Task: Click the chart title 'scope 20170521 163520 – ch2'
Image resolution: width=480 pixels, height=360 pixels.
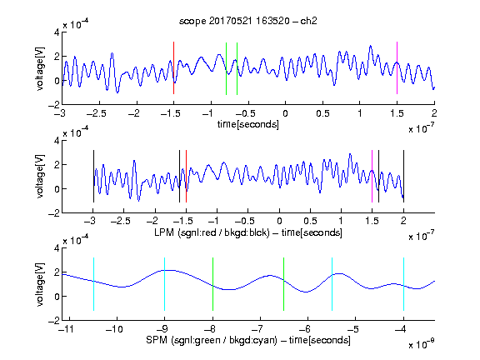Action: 248,21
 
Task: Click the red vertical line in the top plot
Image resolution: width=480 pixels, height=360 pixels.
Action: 173,68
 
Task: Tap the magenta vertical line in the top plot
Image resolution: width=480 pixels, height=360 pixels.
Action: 397,68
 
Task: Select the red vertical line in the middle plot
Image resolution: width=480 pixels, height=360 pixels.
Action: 186,177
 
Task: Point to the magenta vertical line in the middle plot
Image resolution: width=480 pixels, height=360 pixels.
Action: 372,177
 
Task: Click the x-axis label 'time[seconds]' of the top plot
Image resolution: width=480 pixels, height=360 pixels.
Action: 248,124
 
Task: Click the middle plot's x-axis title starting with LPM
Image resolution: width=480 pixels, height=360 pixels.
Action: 248,232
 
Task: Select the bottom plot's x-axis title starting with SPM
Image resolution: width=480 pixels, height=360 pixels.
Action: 248,340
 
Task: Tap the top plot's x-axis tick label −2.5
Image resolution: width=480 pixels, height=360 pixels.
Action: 96,114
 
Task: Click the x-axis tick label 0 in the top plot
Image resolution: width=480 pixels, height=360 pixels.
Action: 285,114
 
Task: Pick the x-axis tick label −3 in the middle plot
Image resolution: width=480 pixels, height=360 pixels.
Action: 91,221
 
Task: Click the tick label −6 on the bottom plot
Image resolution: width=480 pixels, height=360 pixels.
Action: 305,329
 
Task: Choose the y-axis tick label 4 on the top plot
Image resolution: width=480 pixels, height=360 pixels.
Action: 57,32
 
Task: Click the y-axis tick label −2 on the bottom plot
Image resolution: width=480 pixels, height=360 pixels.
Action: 54,321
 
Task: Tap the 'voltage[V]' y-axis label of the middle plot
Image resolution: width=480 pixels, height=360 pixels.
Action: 40,177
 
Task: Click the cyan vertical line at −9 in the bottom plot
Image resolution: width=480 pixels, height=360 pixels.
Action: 165,284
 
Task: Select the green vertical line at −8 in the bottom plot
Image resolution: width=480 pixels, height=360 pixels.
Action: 212,284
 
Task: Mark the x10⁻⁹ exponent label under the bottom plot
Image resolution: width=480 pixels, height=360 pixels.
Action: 421,344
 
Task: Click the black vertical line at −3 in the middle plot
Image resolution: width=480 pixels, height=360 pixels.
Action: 93,177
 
